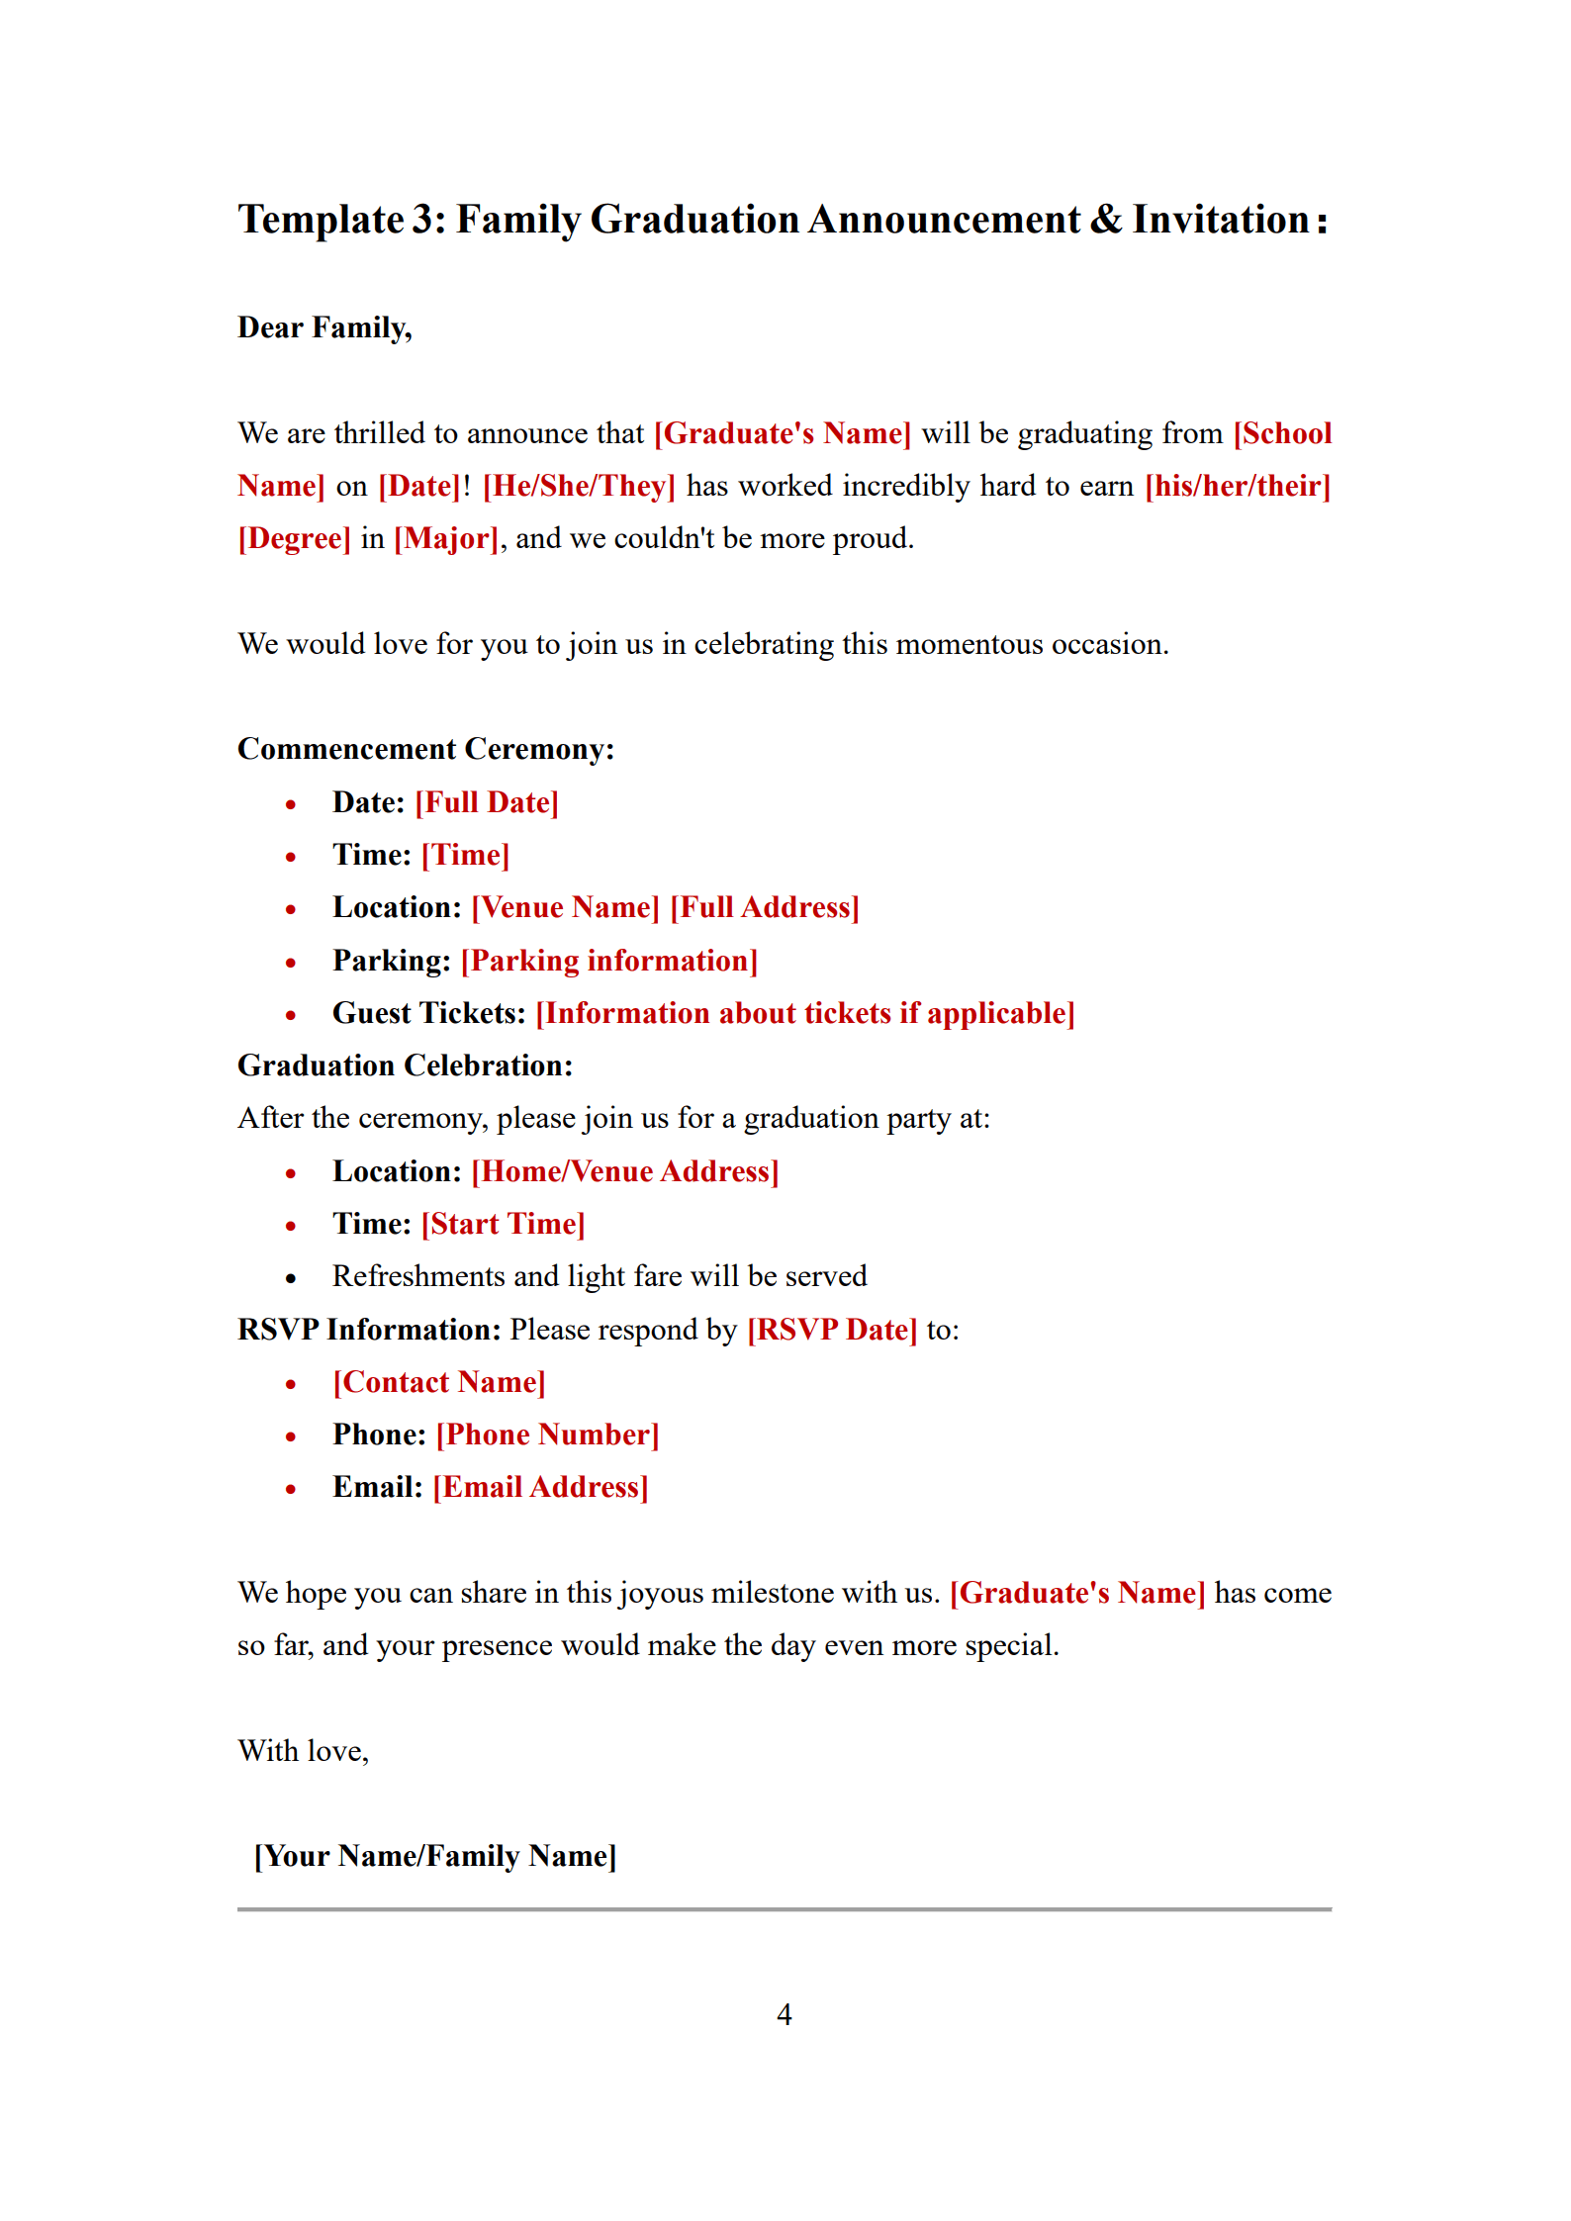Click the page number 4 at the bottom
784,2014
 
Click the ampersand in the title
1105,220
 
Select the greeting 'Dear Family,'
324,327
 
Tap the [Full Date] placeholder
487,802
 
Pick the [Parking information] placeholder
608,961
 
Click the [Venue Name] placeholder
565,907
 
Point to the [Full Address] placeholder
765,907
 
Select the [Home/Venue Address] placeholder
625,1171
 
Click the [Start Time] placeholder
503,1224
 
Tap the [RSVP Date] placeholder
832,1330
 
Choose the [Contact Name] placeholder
439,1382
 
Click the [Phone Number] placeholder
547,1434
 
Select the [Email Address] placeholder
540,1487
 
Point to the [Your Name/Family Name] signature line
435,1856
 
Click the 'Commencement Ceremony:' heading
425,749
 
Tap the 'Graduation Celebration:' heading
405,1065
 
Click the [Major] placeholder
446,538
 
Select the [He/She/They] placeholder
579,486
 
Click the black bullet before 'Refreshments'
291,1278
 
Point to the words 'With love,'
303,1751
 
